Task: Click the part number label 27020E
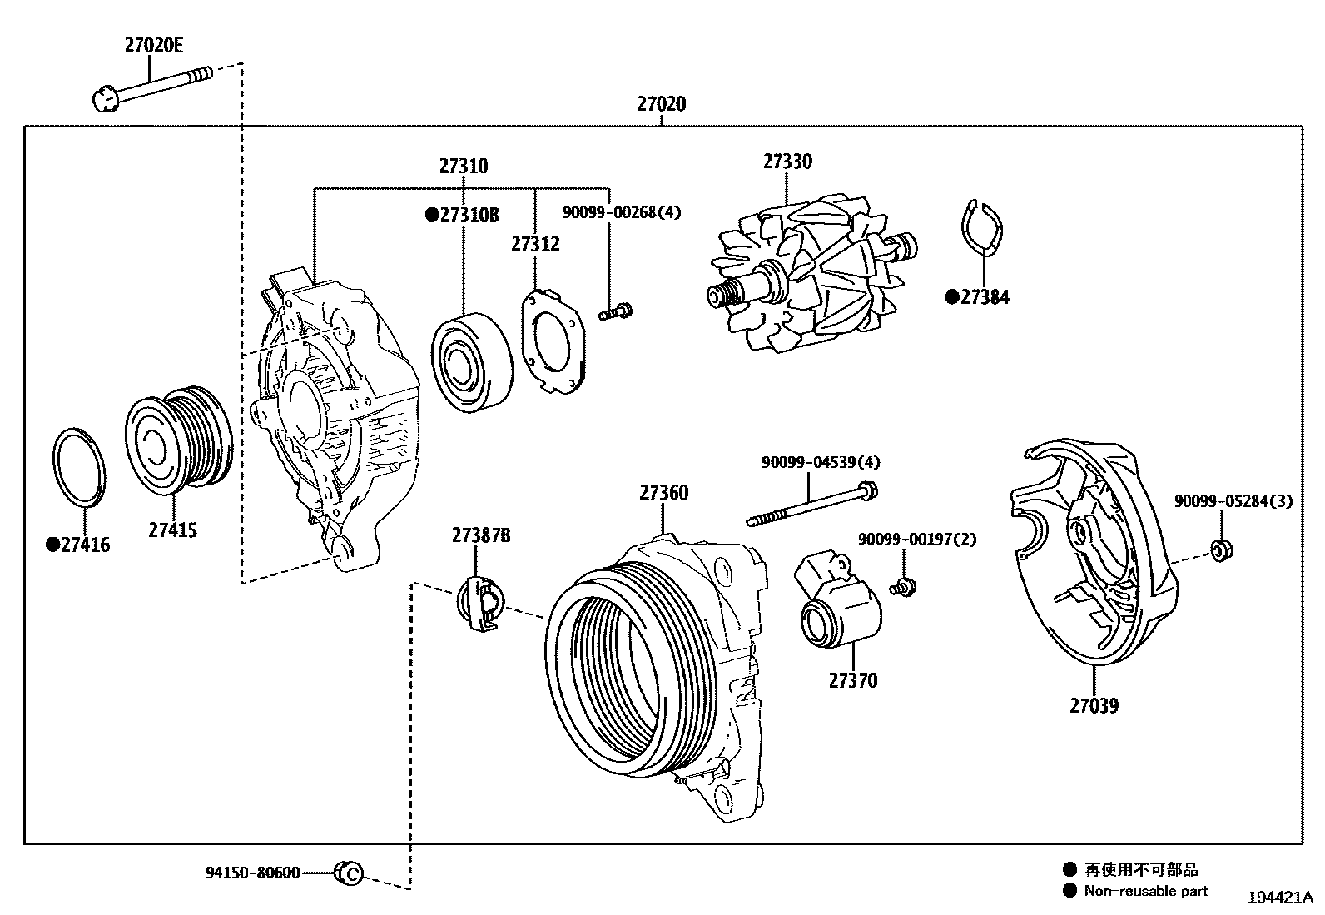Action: pyautogui.click(x=153, y=47)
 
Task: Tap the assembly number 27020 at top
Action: pyautogui.click(x=662, y=105)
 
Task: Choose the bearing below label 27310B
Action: pyautogui.click(x=471, y=363)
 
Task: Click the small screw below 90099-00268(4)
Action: pyautogui.click(x=615, y=313)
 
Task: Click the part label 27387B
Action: pyautogui.click(x=481, y=535)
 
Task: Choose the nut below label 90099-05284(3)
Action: pyautogui.click(x=1220, y=549)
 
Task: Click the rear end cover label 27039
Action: pyautogui.click(x=1094, y=706)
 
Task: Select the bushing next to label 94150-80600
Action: pyautogui.click(x=348, y=873)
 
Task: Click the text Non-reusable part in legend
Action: pyautogui.click(x=1145, y=891)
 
